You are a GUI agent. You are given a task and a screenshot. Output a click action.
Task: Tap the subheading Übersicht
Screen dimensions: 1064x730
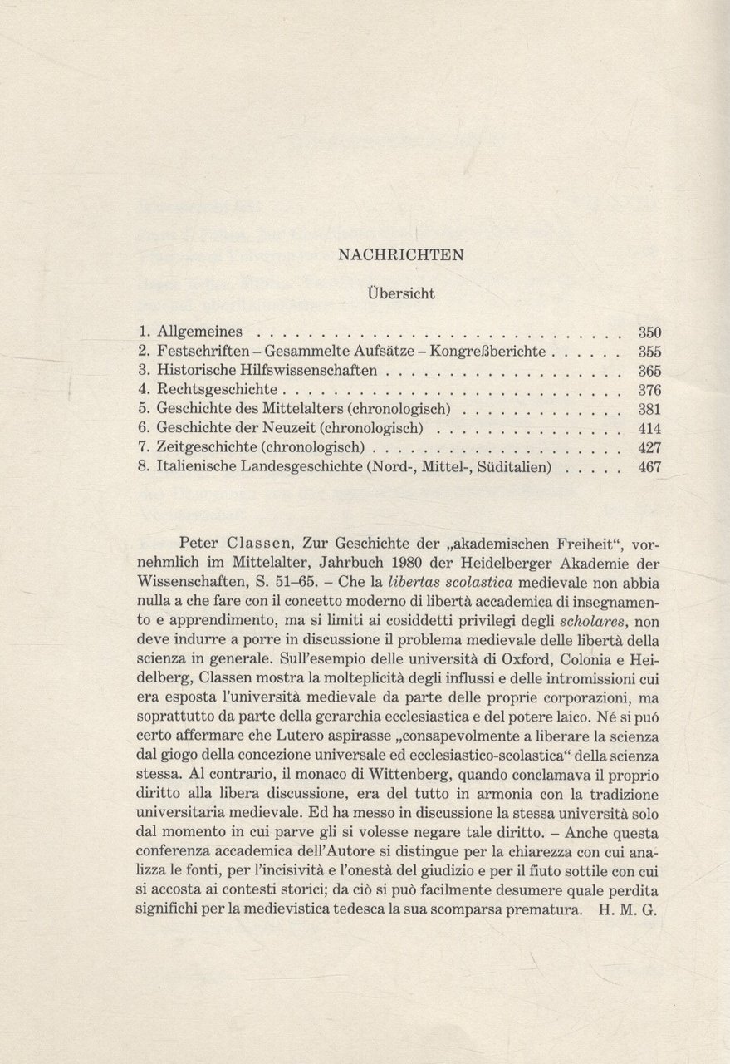coord(400,293)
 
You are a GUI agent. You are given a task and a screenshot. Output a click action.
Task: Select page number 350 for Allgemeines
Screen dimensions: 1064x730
coord(649,331)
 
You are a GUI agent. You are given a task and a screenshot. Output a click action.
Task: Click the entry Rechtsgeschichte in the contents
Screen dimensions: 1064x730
coord(218,389)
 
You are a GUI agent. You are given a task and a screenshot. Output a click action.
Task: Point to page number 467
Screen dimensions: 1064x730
coord(649,467)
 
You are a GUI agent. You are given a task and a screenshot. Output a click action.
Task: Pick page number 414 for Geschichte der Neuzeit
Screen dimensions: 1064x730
coord(649,428)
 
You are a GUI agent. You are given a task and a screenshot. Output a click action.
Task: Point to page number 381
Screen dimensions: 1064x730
coord(649,409)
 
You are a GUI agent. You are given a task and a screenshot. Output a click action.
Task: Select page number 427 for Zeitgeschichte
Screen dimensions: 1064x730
coord(649,447)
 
